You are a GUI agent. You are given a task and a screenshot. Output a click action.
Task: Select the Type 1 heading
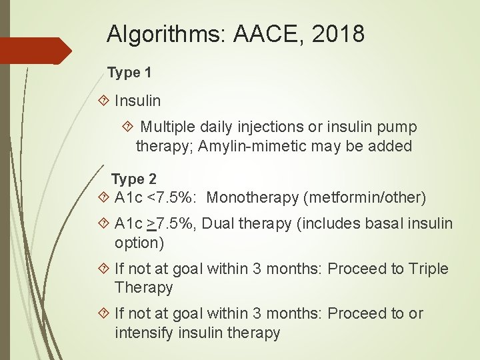tap(129, 73)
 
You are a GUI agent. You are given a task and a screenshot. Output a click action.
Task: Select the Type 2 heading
tap(133, 179)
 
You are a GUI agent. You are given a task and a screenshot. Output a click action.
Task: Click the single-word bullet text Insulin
tap(137, 101)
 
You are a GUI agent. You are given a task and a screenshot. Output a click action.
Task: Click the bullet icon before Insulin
tap(103, 101)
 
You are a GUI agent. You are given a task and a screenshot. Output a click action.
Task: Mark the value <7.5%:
tap(173, 197)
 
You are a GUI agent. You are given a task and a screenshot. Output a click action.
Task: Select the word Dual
tap(218, 224)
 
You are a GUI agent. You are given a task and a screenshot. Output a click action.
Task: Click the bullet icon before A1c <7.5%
tap(103, 198)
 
